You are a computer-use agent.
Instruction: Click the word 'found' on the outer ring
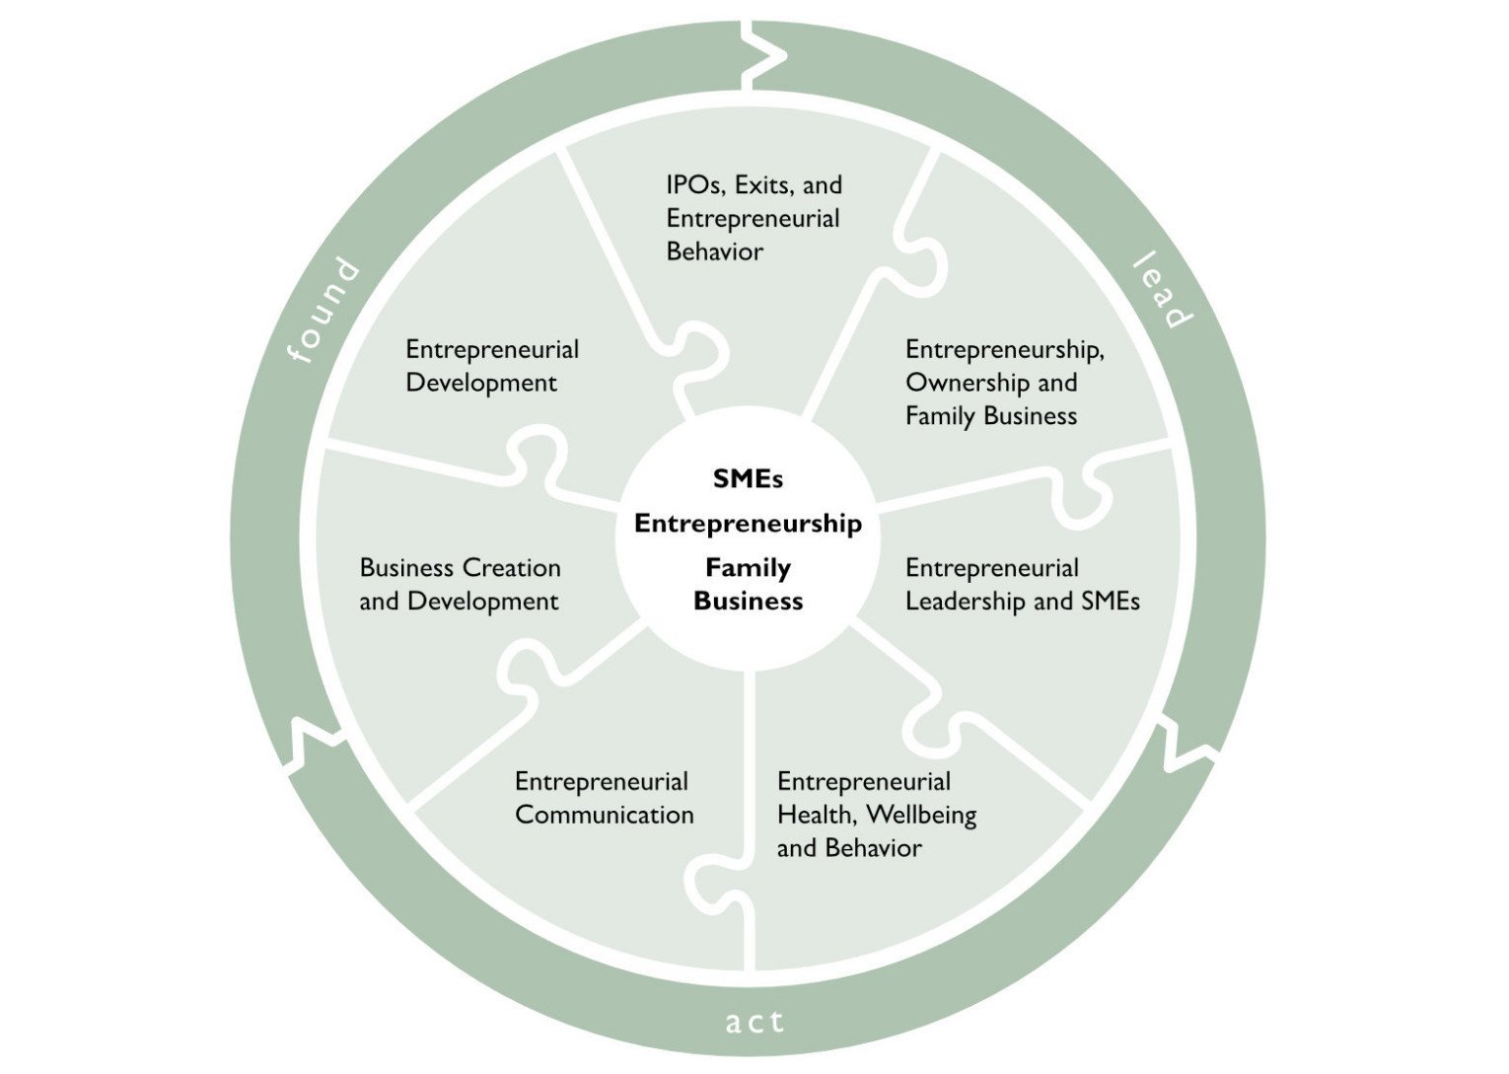tap(323, 310)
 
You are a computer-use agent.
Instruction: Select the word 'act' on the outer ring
tap(754, 1022)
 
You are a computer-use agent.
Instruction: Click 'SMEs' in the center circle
tap(748, 479)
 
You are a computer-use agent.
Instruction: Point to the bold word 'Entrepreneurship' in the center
tap(748, 524)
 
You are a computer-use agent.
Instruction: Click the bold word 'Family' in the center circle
tap(748, 568)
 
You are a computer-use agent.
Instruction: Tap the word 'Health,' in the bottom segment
tap(816, 816)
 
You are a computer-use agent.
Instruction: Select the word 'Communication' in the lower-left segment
tap(604, 816)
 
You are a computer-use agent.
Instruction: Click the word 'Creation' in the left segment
tap(511, 568)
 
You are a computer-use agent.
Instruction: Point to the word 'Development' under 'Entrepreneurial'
tap(481, 383)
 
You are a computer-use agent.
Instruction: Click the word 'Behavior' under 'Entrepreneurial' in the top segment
tap(714, 251)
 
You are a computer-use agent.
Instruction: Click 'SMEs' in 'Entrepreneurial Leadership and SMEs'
tap(1110, 602)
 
